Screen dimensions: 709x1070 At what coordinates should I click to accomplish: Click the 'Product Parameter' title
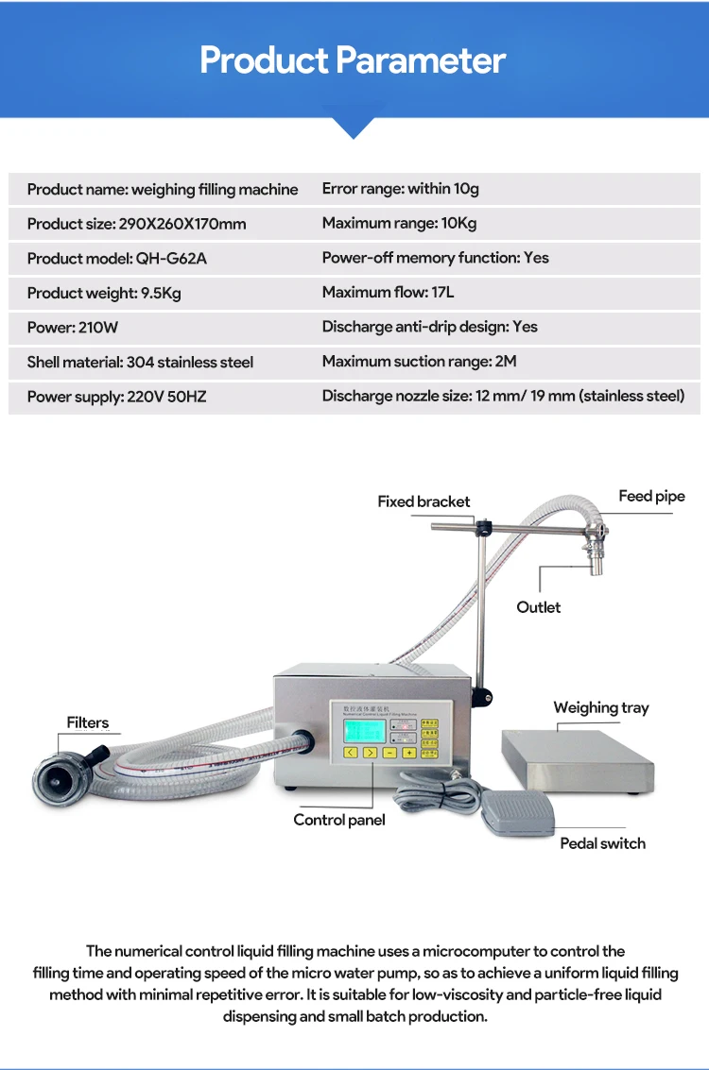point(353,60)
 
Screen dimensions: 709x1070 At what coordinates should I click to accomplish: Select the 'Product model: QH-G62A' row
point(116,258)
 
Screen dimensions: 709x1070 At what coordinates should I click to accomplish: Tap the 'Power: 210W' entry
point(73,327)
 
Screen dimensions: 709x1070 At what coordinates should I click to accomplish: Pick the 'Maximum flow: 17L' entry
point(388,292)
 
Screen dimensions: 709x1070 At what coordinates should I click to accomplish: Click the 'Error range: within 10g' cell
point(400,188)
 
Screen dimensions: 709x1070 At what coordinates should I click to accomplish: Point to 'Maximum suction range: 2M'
point(419,361)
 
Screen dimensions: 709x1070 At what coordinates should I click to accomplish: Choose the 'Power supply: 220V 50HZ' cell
point(116,397)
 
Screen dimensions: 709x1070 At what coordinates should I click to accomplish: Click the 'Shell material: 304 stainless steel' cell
point(140,362)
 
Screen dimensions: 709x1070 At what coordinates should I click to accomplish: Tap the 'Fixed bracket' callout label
point(424,501)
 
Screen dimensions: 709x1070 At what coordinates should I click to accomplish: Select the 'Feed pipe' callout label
point(651,496)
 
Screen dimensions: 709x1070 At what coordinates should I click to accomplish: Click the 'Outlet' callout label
point(538,607)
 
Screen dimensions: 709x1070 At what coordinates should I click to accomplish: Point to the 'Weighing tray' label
point(601,707)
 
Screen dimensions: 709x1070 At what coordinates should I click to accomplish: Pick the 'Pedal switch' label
point(602,843)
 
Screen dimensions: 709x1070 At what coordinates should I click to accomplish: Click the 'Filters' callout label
point(88,722)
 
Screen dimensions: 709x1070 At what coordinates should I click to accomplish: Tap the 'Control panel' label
point(339,820)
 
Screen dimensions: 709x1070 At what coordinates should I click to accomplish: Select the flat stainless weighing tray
point(578,763)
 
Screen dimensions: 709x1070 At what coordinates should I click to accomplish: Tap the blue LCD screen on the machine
point(363,728)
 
